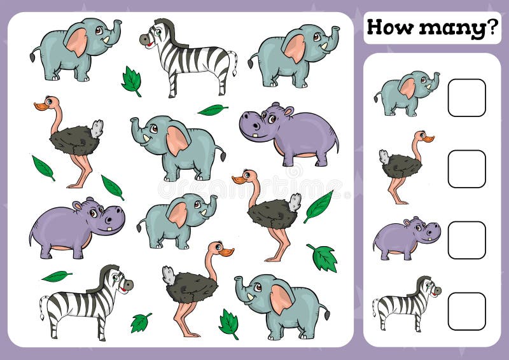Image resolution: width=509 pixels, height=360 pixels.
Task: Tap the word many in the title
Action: click(x=443, y=29)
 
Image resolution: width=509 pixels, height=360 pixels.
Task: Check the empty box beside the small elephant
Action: click(x=466, y=97)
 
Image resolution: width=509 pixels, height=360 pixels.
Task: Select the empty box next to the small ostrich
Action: click(x=466, y=169)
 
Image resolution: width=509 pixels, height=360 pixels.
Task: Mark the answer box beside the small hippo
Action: click(x=466, y=240)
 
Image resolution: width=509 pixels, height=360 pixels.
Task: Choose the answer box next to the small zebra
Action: click(x=466, y=311)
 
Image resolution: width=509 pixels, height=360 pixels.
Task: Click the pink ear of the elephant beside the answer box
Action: click(x=407, y=88)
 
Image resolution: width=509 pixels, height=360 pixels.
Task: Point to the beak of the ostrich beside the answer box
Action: click(x=428, y=138)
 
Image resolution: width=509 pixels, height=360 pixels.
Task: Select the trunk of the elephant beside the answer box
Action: click(x=434, y=80)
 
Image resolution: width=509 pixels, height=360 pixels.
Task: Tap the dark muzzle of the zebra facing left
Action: click(x=145, y=39)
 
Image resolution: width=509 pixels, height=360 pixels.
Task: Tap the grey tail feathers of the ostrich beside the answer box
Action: click(x=384, y=156)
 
